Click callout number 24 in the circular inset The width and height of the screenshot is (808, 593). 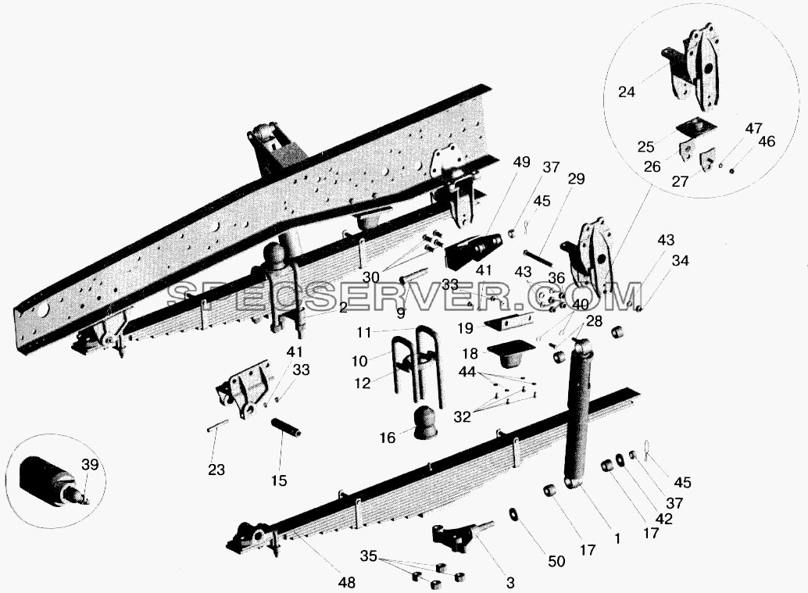[x=627, y=93]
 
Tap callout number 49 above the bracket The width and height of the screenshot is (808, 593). [x=521, y=163]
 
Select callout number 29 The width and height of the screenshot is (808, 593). [x=576, y=179]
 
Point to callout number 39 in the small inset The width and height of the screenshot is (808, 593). [x=90, y=465]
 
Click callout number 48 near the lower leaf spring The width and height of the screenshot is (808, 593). [x=346, y=583]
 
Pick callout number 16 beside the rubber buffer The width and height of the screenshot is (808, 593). [x=387, y=438]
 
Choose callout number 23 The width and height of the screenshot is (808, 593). [x=216, y=470]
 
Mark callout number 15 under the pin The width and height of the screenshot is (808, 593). [x=279, y=480]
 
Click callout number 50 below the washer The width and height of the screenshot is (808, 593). [x=556, y=561]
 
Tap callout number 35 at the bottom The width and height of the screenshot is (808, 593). [x=368, y=556]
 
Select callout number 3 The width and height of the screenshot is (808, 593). [x=510, y=583]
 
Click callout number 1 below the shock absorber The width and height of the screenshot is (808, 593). [x=617, y=539]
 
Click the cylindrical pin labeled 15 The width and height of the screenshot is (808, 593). [x=287, y=427]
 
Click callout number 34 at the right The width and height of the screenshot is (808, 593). [x=680, y=261]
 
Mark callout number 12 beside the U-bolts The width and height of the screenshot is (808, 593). [x=363, y=384]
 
